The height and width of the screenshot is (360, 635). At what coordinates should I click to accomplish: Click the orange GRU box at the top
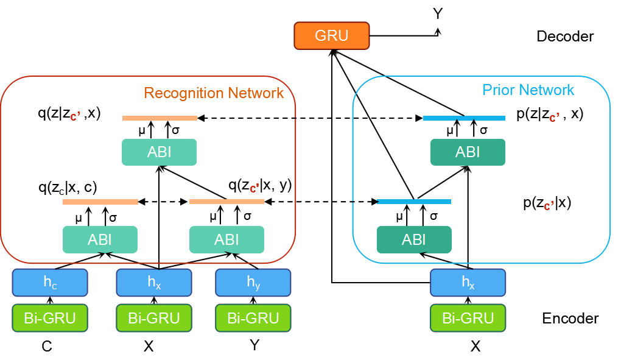[x=332, y=36]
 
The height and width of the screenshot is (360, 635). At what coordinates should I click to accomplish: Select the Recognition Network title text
[x=213, y=93]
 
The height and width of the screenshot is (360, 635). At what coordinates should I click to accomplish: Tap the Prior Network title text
[x=528, y=90]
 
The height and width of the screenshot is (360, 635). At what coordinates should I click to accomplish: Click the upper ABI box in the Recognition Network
[x=159, y=152]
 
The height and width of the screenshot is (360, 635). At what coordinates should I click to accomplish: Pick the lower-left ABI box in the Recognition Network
[x=100, y=239]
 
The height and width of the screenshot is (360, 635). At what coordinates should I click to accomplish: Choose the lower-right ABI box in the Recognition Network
[x=226, y=239]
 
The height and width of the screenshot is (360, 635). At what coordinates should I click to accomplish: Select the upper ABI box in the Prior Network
[x=468, y=152]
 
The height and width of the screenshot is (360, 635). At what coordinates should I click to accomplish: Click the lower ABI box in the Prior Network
[x=414, y=239]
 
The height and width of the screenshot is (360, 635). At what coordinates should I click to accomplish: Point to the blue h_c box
[x=50, y=283]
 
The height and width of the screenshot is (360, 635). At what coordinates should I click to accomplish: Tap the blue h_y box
[x=253, y=283]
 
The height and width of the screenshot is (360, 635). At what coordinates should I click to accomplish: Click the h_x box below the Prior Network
[x=468, y=283]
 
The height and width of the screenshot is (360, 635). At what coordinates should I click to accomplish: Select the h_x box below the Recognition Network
[x=154, y=283]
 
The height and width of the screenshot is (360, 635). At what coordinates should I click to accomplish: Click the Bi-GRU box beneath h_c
[x=50, y=318]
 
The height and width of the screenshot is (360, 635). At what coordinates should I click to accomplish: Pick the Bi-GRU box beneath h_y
[x=253, y=318]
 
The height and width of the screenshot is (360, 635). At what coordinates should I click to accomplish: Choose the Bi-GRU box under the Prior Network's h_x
[x=468, y=318]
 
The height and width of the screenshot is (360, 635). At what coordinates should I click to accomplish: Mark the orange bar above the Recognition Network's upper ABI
[x=160, y=118]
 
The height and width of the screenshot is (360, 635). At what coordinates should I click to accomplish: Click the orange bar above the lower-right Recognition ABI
[x=226, y=202]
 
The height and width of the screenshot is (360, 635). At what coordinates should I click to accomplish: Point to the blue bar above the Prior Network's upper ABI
[x=464, y=118]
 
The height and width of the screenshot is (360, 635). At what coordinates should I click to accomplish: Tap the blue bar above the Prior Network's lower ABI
[x=414, y=202]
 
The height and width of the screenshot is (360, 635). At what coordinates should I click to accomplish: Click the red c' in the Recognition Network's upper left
[x=75, y=117]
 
